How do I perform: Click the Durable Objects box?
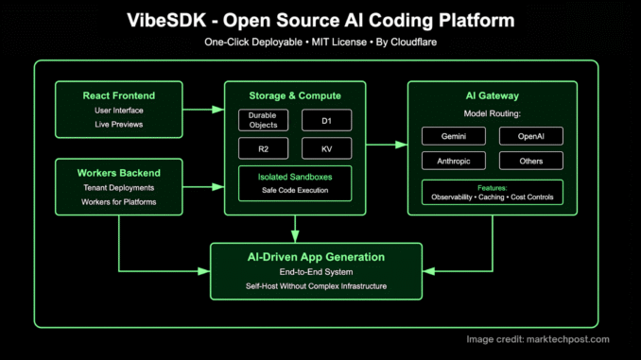tap(264, 120)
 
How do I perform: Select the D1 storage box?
tap(326, 120)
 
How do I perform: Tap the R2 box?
tap(264, 148)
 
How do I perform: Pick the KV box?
tap(326, 148)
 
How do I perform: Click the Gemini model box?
tap(454, 135)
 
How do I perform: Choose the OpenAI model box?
tap(530, 135)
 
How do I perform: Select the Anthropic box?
tap(454, 160)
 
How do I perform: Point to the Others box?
tap(530, 160)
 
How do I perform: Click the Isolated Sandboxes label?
tap(295, 177)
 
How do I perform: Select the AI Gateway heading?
tap(492, 94)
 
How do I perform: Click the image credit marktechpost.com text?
tap(539, 339)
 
